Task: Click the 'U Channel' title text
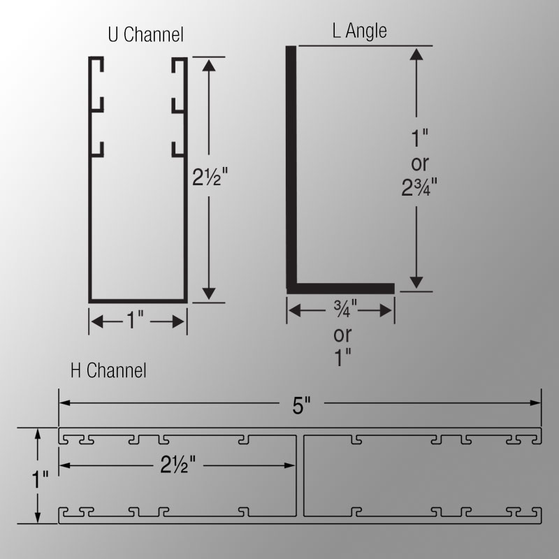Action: point(145,34)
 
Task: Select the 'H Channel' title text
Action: point(108,371)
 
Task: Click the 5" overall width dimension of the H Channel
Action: point(300,404)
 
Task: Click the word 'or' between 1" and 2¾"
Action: point(417,162)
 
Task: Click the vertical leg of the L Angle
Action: point(292,168)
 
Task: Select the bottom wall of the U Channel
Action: point(137,299)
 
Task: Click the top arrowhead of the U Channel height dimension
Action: point(208,64)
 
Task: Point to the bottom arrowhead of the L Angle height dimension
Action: point(416,282)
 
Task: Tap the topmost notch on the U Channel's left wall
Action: point(98,68)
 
